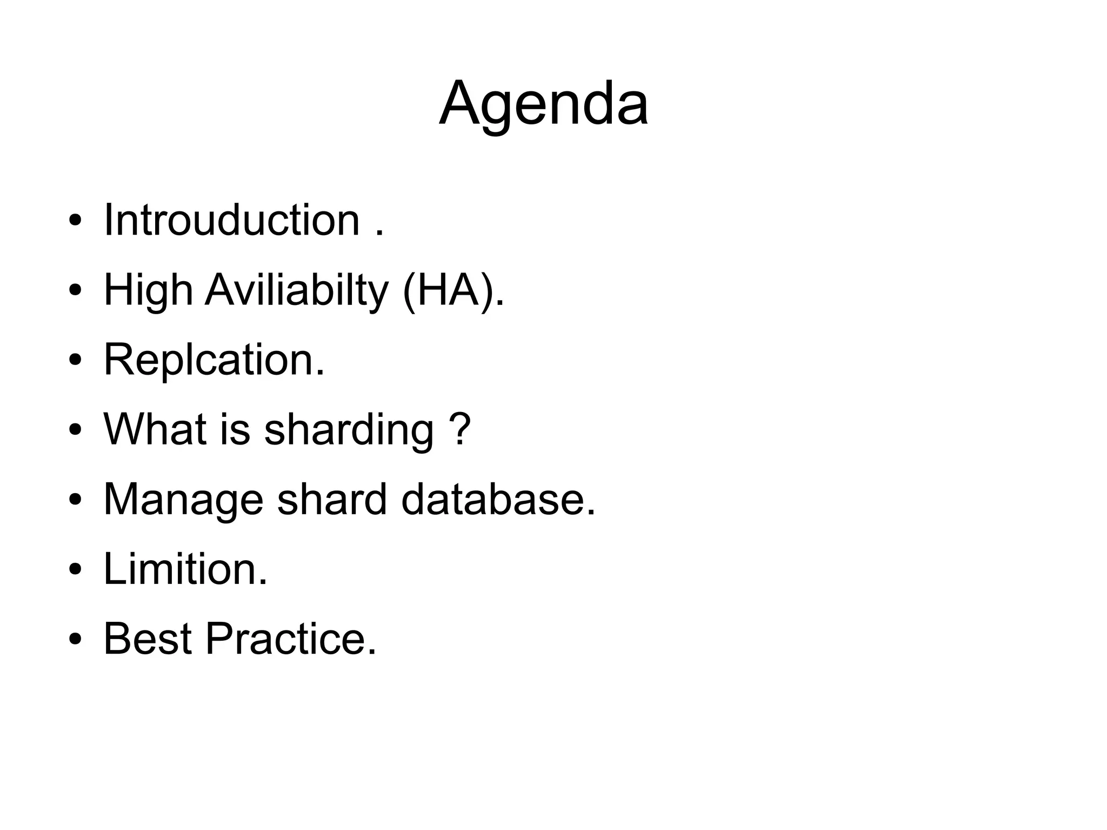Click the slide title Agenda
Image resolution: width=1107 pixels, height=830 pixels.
coord(543,103)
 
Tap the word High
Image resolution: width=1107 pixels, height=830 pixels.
coord(148,290)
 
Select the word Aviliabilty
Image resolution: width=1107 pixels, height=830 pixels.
coord(297,290)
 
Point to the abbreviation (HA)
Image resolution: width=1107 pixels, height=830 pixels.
coord(453,290)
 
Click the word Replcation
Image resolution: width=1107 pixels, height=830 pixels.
coord(214,360)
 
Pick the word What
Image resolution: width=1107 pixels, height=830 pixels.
coord(155,429)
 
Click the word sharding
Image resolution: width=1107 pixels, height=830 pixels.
coord(349,430)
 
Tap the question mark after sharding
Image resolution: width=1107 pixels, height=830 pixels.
coord(460,429)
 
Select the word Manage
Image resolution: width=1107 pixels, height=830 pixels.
coord(183,500)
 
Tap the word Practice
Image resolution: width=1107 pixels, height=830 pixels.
coord(290,639)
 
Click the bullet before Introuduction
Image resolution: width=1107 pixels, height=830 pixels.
coord(75,221)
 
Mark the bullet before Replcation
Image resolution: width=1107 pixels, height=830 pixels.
coord(75,361)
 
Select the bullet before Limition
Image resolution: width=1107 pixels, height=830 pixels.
coord(75,570)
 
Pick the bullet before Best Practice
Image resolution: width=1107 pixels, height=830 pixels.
coord(75,640)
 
